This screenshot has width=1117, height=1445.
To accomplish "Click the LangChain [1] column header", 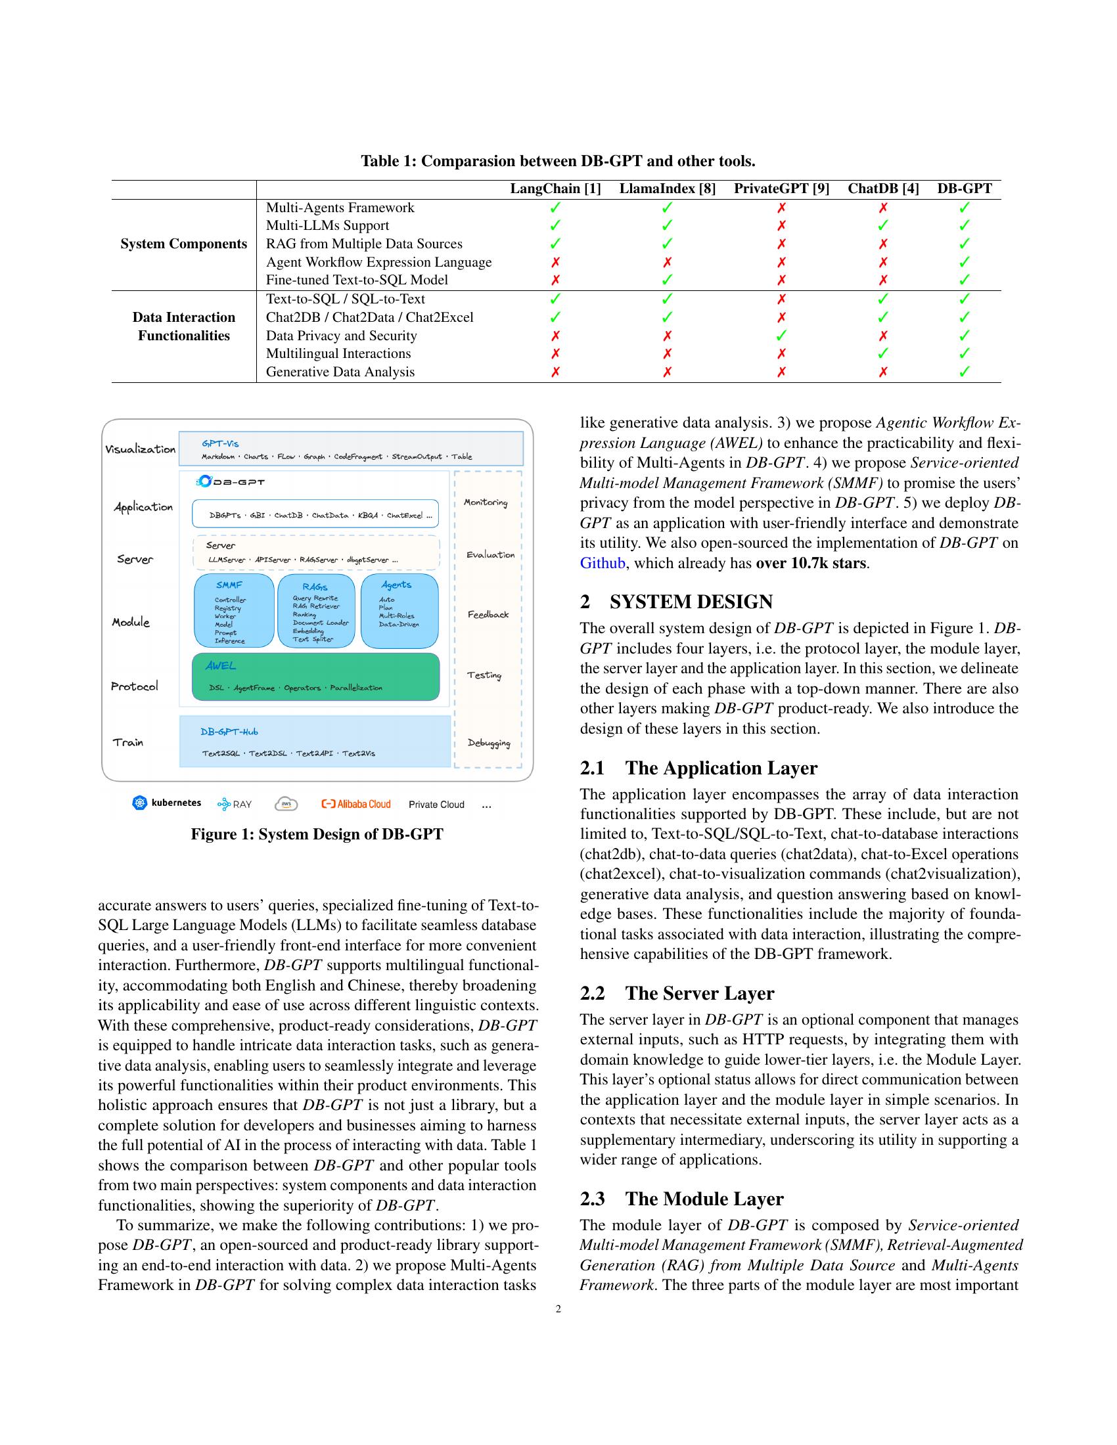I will tap(555, 189).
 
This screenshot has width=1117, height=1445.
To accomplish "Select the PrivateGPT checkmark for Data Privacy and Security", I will tap(781, 336).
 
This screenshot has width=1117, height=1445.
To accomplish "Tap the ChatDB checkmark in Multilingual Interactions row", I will tap(882, 353).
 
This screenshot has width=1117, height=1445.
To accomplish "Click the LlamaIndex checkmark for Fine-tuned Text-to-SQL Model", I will tap(667, 280).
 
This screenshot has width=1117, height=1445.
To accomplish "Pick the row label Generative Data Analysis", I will tap(340, 372).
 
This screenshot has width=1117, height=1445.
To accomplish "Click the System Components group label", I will tap(183, 244).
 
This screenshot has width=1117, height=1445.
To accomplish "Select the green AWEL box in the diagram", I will tap(315, 677).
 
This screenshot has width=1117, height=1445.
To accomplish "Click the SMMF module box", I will tap(234, 611).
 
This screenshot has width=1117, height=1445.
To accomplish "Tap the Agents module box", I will tap(399, 611).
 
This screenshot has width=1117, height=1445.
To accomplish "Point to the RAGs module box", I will tap(317, 611).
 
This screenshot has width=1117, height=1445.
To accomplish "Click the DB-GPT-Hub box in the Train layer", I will tap(315, 741).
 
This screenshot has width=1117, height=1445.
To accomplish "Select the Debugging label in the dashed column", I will tap(488, 742).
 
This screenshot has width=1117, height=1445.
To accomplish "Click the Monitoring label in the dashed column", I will tap(485, 502).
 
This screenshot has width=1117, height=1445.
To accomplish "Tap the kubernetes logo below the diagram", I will tap(167, 803).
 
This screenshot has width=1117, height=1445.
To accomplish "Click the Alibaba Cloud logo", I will tap(356, 805).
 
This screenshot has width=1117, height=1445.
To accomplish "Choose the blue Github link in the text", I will tap(602, 563).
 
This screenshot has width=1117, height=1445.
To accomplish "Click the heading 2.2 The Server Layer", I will tap(677, 994).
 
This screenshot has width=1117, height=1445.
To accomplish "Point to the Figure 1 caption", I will tap(317, 834).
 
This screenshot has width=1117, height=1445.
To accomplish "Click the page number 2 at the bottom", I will tap(558, 1309).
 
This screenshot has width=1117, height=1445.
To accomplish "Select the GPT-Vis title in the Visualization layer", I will tap(220, 443).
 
